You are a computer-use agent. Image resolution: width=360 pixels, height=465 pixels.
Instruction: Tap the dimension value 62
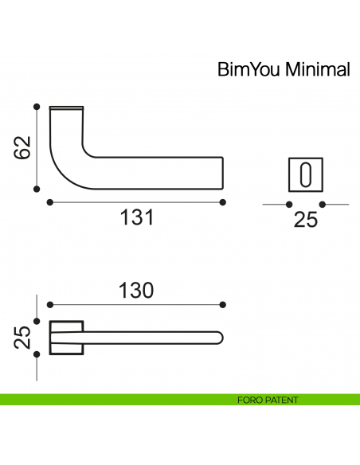tap(23, 147)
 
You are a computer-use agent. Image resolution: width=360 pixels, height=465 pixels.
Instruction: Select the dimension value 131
tap(136, 217)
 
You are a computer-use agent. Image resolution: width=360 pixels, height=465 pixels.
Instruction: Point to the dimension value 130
tap(136, 291)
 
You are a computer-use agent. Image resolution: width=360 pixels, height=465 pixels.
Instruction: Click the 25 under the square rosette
tap(306, 220)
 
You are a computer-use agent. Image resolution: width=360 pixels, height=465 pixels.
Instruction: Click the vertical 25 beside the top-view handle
tap(23, 338)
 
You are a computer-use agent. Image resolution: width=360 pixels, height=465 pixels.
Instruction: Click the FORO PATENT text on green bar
tap(268, 400)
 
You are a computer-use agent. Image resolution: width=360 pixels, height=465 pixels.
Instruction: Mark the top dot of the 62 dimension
tap(36, 106)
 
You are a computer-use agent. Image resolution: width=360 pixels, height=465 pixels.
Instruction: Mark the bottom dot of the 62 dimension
tap(36, 189)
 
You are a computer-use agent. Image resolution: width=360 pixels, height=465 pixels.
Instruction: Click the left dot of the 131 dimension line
tap(50, 201)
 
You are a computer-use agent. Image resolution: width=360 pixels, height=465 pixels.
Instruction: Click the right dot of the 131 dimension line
tap(222, 201)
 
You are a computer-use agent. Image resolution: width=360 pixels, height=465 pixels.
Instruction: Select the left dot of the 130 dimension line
tap(50, 305)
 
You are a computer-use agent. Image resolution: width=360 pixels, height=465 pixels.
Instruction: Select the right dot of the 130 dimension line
tap(222, 305)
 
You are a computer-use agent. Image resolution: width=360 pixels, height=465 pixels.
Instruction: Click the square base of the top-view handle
tap(66, 338)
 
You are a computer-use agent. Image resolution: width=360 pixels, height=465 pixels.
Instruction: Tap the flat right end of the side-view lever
tap(222, 173)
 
